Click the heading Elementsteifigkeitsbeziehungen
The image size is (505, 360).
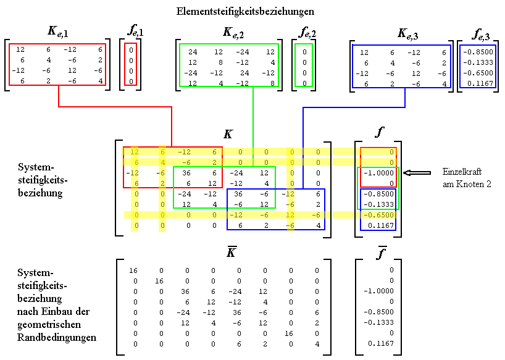(x=245, y=11)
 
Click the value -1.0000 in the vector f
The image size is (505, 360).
(x=379, y=174)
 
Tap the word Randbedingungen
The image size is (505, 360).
(x=57, y=338)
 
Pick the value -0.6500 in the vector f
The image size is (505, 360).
(x=379, y=215)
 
